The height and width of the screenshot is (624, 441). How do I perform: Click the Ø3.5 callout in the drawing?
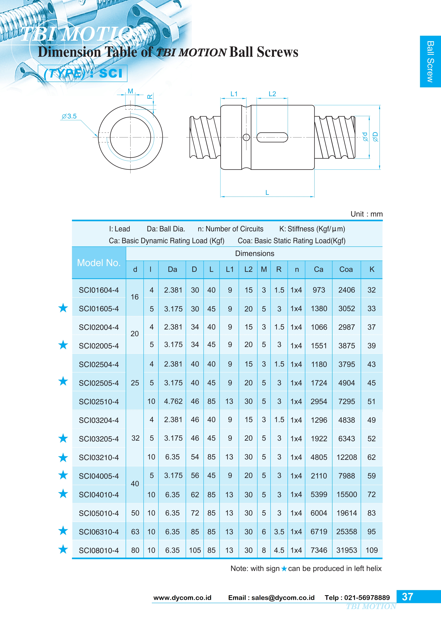(69, 116)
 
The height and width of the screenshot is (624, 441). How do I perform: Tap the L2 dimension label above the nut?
(272, 94)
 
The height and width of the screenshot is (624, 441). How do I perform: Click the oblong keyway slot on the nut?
(272, 138)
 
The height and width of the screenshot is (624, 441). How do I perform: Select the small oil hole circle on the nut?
(246, 137)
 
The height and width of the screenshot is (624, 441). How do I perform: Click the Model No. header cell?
(99, 263)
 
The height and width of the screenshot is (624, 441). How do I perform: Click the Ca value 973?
(319, 290)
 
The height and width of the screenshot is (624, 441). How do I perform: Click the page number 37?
(407, 597)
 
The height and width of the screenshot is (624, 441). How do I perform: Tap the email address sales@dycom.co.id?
(283, 598)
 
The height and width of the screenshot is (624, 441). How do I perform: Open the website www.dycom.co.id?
(182, 598)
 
